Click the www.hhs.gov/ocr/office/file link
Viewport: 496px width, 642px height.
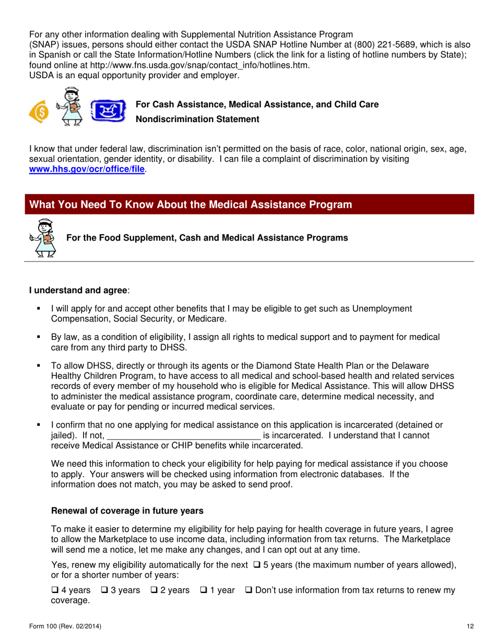(x=87, y=170)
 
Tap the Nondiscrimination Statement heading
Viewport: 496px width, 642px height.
(x=197, y=120)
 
